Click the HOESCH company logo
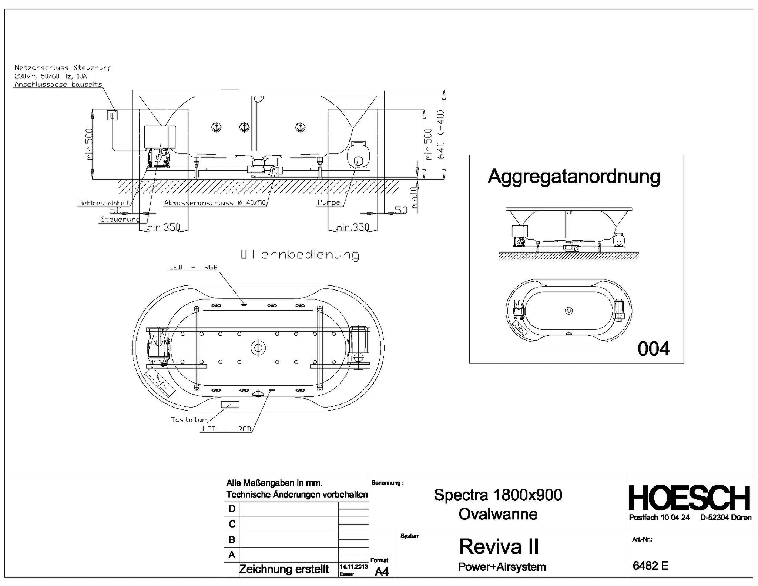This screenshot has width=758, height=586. tap(690, 498)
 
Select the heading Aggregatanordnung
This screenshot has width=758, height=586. tap(574, 177)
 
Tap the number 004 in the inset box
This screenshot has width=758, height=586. tap(653, 349)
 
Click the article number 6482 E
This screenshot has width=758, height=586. tap(650, 566)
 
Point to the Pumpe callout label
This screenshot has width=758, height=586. tap(329, 202)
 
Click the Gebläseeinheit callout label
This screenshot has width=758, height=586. tap(104, 203)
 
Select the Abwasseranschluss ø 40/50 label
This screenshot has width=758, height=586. tap(215, 203)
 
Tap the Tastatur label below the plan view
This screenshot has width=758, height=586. tap(188, 420)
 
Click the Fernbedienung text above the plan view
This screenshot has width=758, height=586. tap(305, 254)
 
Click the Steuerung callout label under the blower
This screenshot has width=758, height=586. tap(120, 219)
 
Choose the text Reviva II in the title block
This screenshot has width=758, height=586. tap(498, 547)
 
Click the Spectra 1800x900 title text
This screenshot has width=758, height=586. tap(497, 495)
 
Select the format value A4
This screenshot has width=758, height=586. tap(382, 572)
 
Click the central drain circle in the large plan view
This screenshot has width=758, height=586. tap(258, 348)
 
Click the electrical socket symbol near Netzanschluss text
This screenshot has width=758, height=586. tap(113, 115)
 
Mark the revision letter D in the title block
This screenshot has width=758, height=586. tap(232, 509)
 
